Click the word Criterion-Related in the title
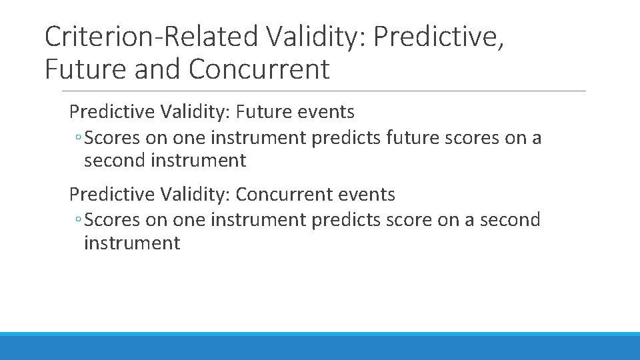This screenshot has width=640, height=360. click(x=151, y=37)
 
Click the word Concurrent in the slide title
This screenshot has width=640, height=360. click(x=259, y=69)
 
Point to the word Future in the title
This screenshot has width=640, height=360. click(x=86, y=69)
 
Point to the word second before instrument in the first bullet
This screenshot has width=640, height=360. click(x=118, y=161)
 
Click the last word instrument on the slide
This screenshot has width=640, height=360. click(x=132, y=243)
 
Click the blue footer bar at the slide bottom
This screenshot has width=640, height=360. click(x=320, y=347)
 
